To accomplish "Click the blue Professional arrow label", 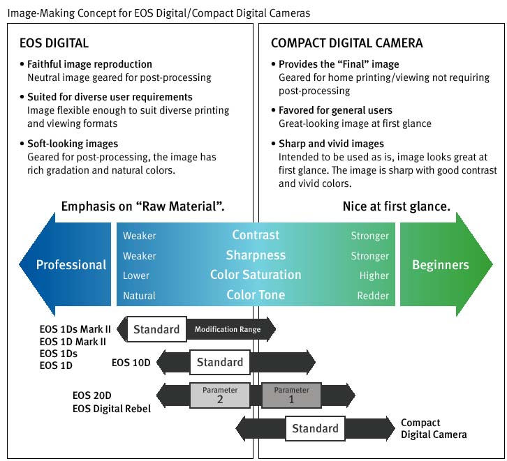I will coord(71,265).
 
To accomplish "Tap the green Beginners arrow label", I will coord(440,265).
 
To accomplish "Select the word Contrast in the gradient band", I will coord(256,235).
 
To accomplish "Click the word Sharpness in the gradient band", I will coord(256,255).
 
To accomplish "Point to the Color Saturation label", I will coord(256,275).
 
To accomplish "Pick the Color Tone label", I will coord(256,295).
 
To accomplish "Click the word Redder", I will coord(373,296).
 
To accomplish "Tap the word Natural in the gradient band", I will coord(139,296).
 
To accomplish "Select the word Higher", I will coord(374,275).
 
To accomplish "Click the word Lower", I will coord(136,275).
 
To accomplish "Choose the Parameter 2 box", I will coord(220,395).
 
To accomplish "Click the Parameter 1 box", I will coord(291,395).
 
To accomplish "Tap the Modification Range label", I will coord(228,329).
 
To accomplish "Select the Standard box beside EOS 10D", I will coord(220,362).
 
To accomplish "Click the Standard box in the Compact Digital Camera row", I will coord(315,428).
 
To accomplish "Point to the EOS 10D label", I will coord(131,363).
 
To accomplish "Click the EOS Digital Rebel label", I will coord(112,408).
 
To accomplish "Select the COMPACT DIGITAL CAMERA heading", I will coord(346,43).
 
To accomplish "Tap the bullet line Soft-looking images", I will coord(73,144).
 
